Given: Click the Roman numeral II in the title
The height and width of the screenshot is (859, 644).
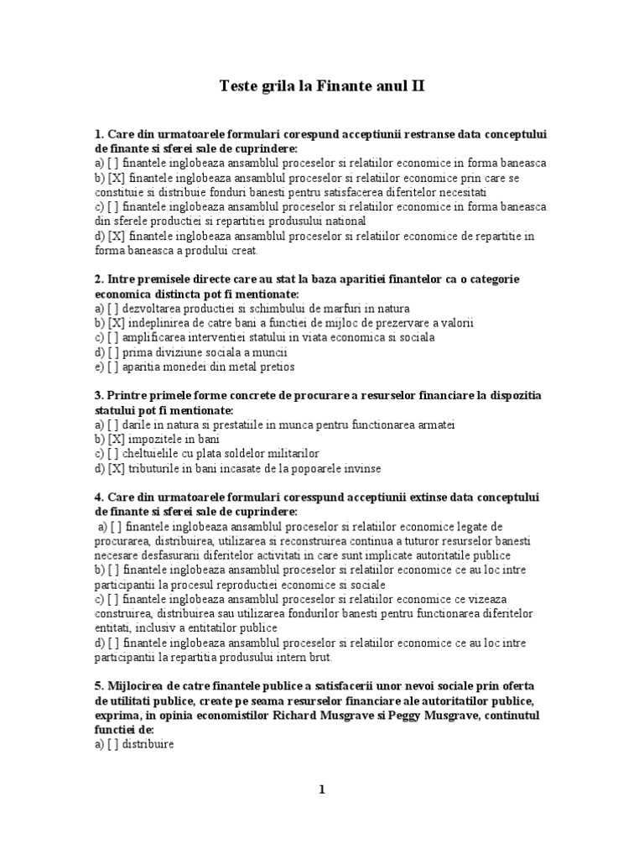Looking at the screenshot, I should pos(415,86).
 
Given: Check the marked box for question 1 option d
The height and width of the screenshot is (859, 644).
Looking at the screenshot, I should pos(117,236).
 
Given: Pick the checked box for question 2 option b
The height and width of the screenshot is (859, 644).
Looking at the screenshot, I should pos(117,323).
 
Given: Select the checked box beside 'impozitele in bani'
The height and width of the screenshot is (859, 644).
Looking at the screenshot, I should pos(117,440).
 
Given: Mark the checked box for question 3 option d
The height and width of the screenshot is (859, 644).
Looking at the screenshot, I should pos(117,469).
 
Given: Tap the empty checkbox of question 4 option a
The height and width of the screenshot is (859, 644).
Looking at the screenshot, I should pos(118,527).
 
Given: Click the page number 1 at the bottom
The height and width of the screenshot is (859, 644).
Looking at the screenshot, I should pos(320,789).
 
